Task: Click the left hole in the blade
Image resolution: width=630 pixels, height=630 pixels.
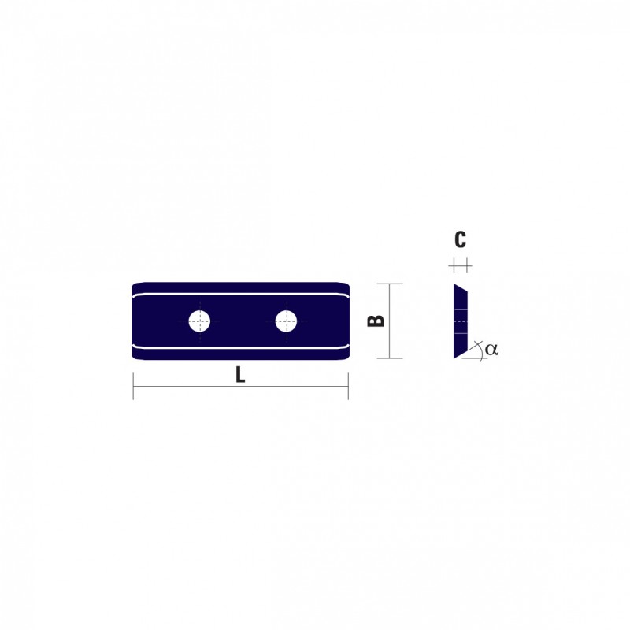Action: point(199,321)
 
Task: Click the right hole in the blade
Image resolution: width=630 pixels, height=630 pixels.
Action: point(286,321)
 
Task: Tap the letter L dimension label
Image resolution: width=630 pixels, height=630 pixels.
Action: point(240,376)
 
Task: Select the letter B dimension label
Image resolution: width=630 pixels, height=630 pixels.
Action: point(376,321)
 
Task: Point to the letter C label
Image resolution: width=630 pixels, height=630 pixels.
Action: point(460,239)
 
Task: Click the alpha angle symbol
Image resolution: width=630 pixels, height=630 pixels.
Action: point(491,349)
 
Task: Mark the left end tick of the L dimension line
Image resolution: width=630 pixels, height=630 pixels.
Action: point(133,386)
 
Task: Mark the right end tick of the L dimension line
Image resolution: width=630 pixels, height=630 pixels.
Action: point(348,386)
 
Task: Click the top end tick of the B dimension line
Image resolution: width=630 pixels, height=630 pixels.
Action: point(389,283)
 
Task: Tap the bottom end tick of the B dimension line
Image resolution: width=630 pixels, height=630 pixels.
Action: point(389,358)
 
